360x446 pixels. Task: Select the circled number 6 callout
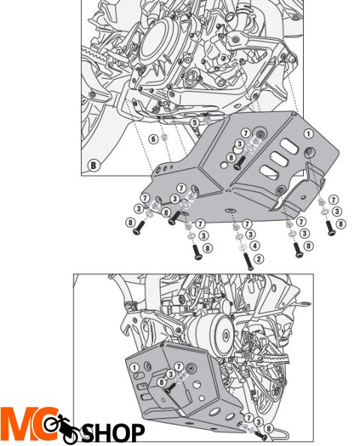coord(152,138)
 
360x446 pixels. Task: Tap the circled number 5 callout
coord(194,122)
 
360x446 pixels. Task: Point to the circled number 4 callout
coord(256,246)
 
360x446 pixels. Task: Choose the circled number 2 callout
coord(259,258)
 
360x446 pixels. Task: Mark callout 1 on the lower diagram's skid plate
coord(133,369)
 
